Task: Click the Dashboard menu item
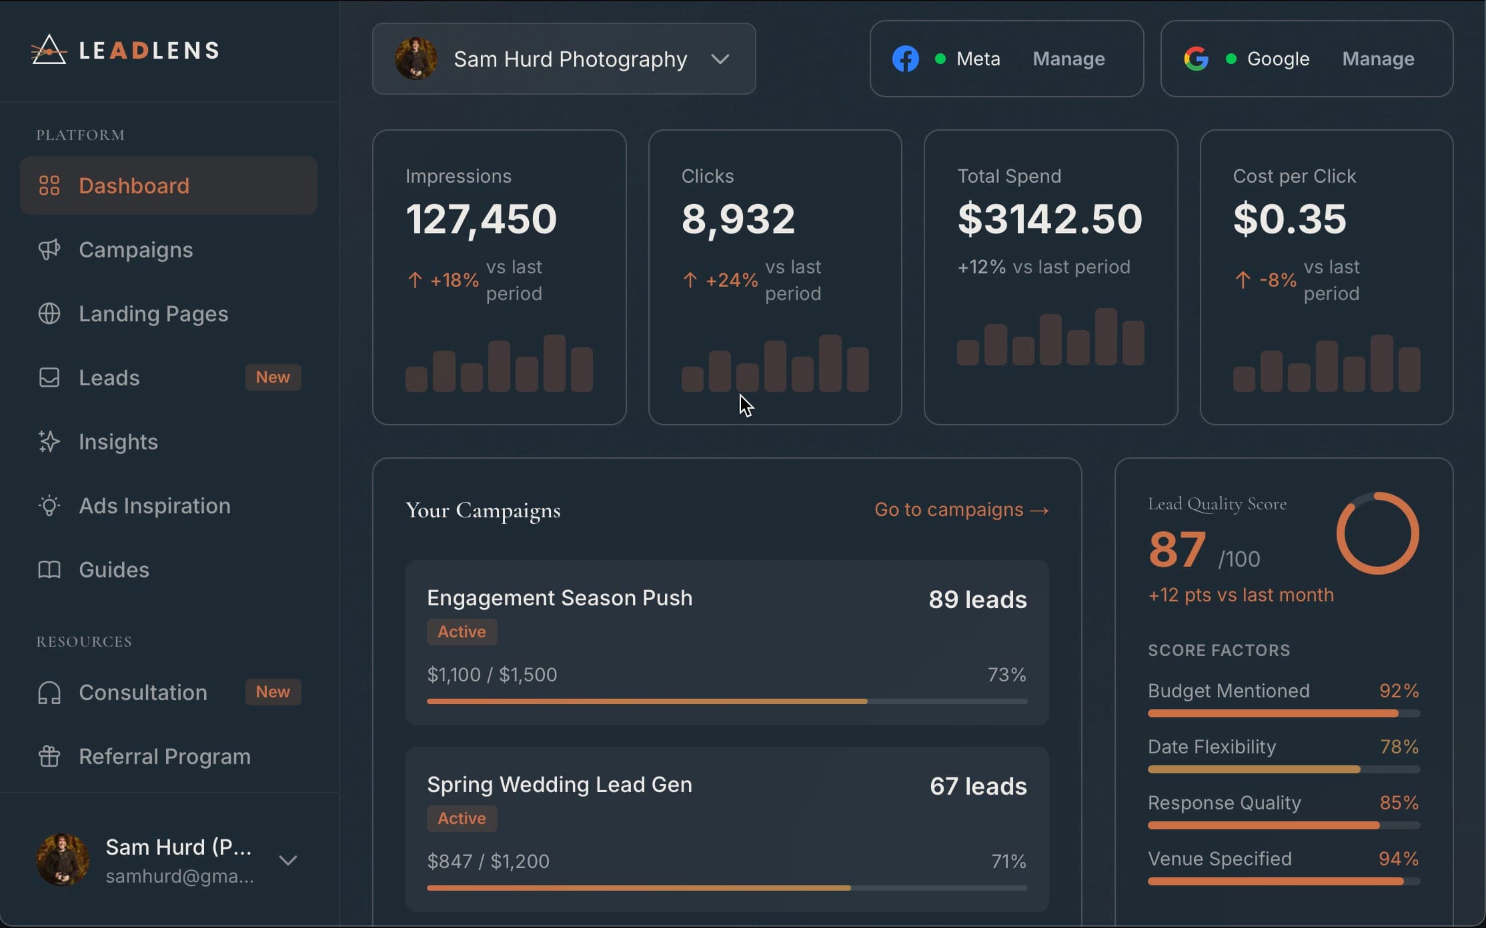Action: pyautogui.click(x=133, y=185)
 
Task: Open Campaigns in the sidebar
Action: pyautogui.click(x=135, y=250)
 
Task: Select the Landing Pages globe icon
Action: pyautogui.click(x=49, y=313)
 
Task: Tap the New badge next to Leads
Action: pyautogui.click(x=273, y=377)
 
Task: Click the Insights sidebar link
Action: pyautogui.click(x=118, y=442)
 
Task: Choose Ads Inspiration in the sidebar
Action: pyautogui.click(x=154, y=506)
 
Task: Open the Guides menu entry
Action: pyautogui.click(x=113, y=570)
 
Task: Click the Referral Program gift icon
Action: pyautogui.click(x=49, y=757)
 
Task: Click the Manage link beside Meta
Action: pyautogui.click(x=1068, y=59)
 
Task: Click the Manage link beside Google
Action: pyautogui.click(x=1378, y=59)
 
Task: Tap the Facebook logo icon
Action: pyautogui.click(x=906, y=59)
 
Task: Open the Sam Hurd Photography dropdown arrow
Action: pyautogui.click(x=720, y=59)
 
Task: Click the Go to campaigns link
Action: pyautogui.click(x=961, y=510)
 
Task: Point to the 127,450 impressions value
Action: pyautogui.click(x=481, y=219)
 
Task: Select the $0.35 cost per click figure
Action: pyautogui.click(x=1289, y=219)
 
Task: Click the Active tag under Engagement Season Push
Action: pyautogui.click(x=462, y=632)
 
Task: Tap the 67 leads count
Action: pyautogui.click(x=978, y=787)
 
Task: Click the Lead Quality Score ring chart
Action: pyautogui.click(x=1377, y=533)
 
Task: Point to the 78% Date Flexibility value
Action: pyautogui.click(x=1399, y=747)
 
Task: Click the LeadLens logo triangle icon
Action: pyautogui.click(x=49, y=51)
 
